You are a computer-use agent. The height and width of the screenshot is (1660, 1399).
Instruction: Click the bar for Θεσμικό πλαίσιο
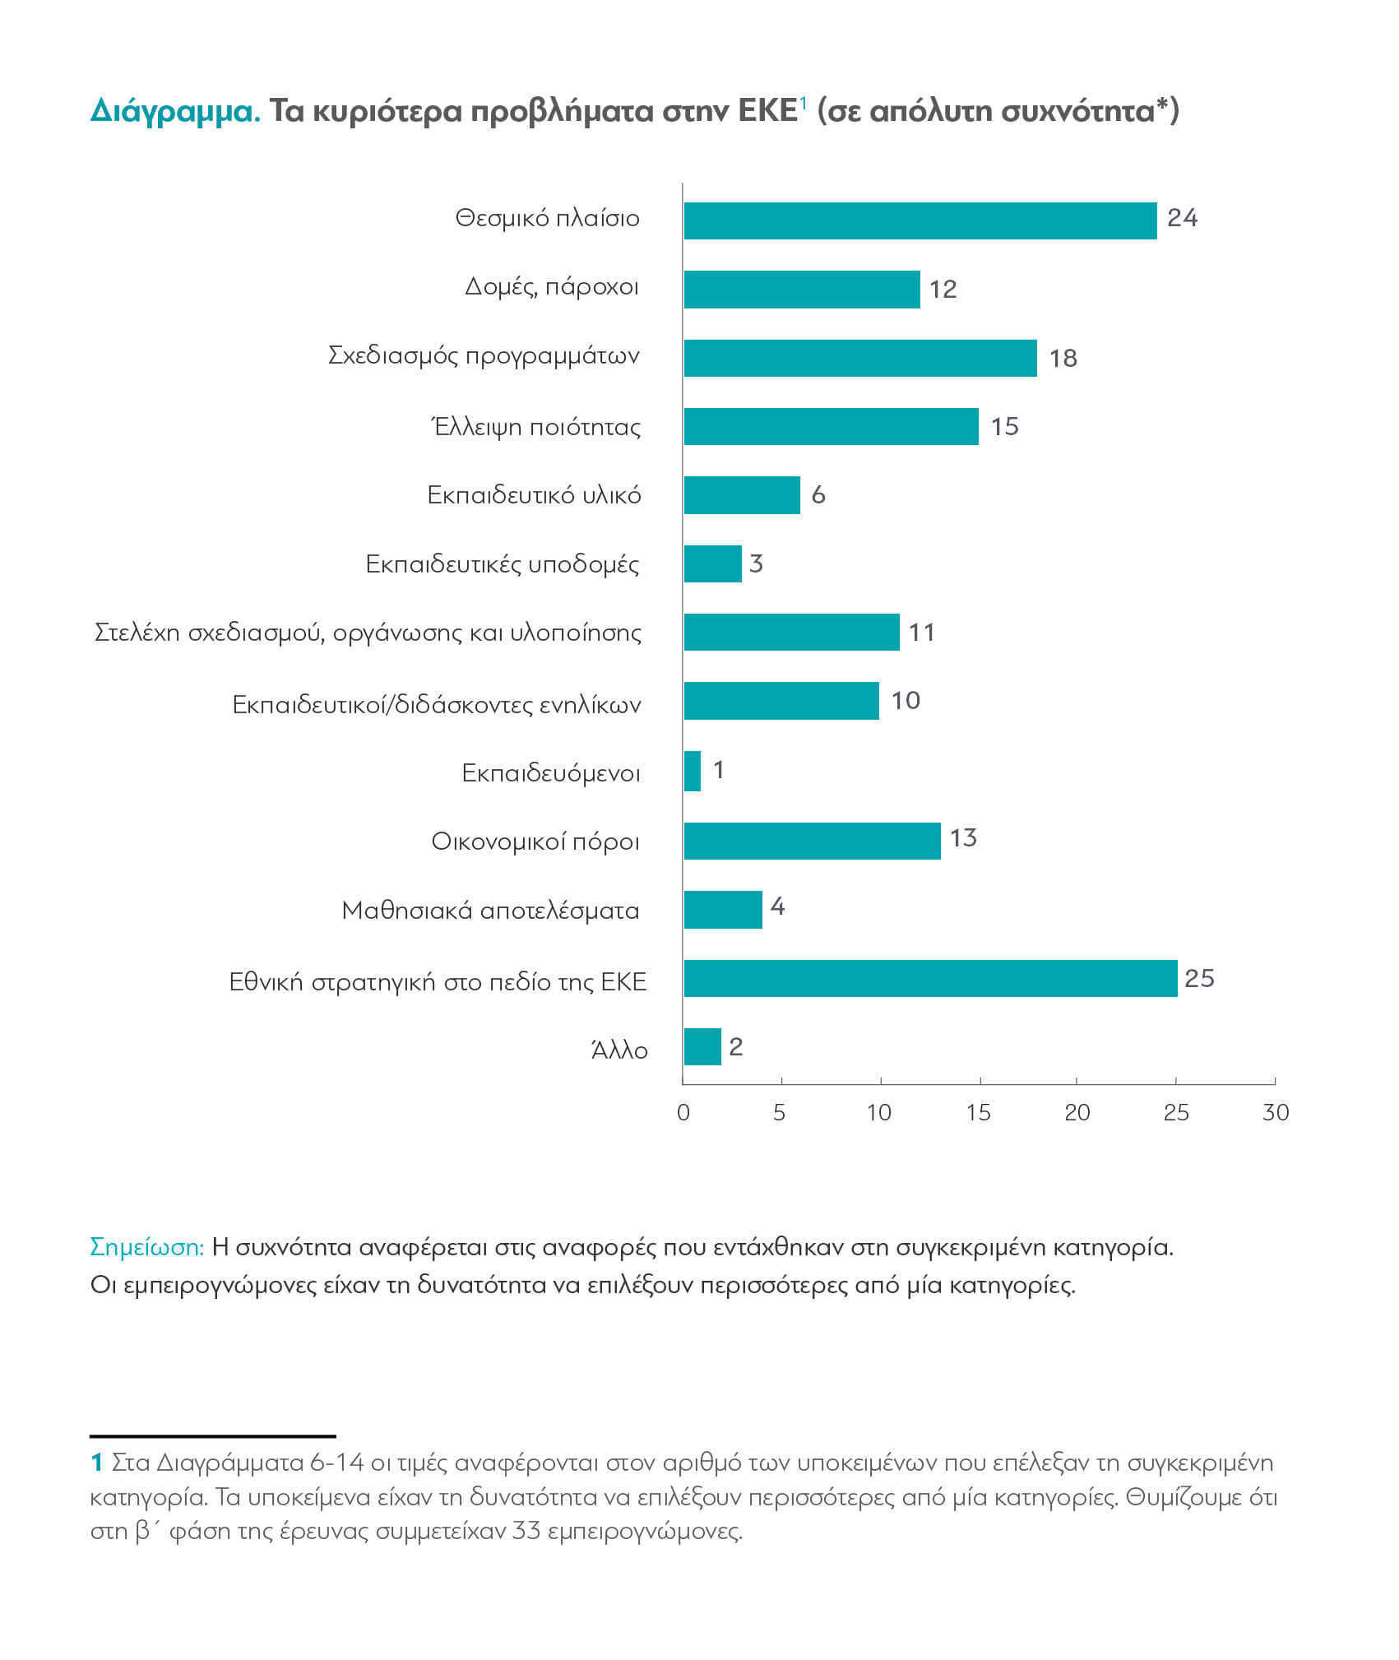pyautogui.click(x=920, y=220)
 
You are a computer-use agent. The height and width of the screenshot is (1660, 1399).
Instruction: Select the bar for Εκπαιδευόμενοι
pyautogui.click(x=692, y=771)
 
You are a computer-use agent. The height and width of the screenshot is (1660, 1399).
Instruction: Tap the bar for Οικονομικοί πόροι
pyautogui.click(x=812, y=841)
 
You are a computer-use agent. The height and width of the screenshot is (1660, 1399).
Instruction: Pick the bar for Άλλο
pyautogui.click(x=702, y=1046)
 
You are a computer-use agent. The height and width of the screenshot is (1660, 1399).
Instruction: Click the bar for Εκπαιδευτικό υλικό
pyautogui.click(x=741, y=494)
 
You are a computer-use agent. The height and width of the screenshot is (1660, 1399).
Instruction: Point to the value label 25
pyautogui.click(x=1199, y=978)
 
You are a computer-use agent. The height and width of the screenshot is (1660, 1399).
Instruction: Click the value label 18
pyautogui.click(x=1063, y=358)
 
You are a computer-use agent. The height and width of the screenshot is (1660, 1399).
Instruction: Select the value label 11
pyautogui.click(x=921, y=632)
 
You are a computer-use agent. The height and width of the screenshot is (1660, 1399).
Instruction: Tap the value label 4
pyautogui.click(x=777, y=907)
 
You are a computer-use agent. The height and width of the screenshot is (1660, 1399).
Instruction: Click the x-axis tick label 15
pyautogui.click(x=978, y=1113)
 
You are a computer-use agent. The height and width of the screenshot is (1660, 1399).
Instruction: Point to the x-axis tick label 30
pyautogui.click(x=1275, y=1113)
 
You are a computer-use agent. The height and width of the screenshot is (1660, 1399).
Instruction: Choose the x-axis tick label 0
pyautogui.click(x=683, y=1113)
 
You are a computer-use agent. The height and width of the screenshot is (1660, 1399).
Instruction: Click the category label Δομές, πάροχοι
pyautogui.click(x=551, y=287)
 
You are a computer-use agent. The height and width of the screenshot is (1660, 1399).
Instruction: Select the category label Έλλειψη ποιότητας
pyautogui.click(x=536, y=426)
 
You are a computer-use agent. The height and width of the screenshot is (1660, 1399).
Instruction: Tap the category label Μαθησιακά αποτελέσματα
pyautogui.click(x=490, y=911)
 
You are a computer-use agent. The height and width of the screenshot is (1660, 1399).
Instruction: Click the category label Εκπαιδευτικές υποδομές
pyautogui.click(x=502, y=564)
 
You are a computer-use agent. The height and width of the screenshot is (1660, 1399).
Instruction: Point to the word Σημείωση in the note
pyautogui.click(x=146, y=1247)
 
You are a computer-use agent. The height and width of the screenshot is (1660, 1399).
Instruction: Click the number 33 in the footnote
pyautogui.click(x=526, y=1531)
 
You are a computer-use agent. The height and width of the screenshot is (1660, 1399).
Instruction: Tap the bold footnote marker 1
pyautogui.click(x=96, y=1463)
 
